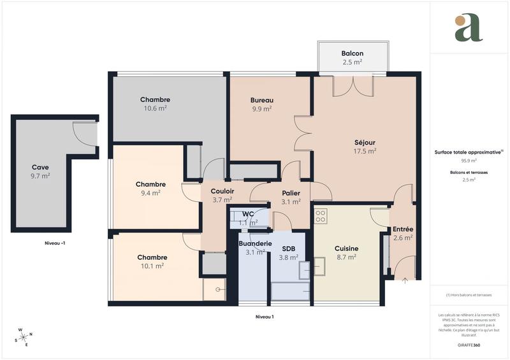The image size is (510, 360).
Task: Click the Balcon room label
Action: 352,53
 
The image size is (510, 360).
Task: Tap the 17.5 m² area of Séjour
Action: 365,152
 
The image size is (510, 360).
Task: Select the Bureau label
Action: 261,100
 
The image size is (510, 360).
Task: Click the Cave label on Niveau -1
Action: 40,167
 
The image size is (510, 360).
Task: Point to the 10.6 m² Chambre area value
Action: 155,109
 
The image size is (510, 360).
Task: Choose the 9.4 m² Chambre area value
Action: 150,193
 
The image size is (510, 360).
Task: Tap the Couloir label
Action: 222,191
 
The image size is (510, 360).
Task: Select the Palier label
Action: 291,193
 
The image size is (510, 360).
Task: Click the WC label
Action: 249,213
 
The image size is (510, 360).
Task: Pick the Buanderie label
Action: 255,243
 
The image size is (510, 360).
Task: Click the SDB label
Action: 288,248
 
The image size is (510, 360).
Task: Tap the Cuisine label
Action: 346,248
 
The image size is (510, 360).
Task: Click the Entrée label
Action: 402,229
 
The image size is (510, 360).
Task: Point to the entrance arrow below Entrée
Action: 405,279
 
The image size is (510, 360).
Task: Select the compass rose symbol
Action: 24,337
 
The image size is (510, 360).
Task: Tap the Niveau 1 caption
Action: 264,317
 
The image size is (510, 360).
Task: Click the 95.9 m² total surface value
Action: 469,161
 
